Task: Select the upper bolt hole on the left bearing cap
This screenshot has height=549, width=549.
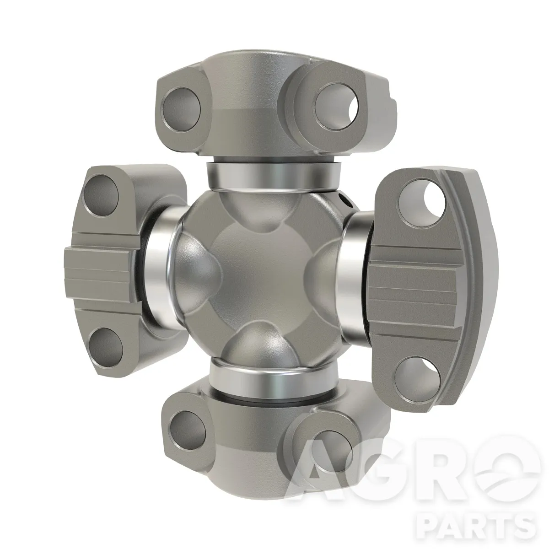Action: tap(102, 193)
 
